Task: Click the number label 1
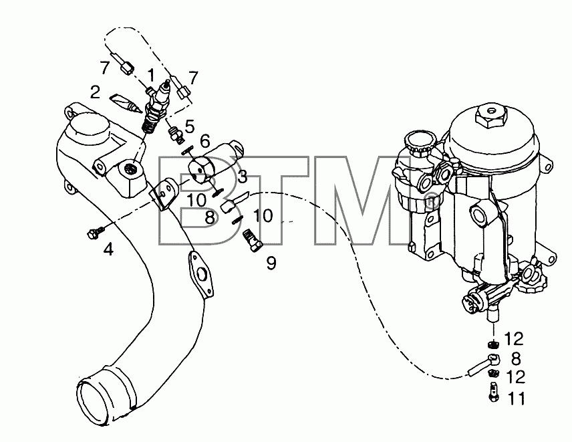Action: (150, 76)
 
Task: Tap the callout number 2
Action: (96, 92)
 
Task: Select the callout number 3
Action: (243, 177)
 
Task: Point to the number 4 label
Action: (108, 249)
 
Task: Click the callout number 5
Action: (190, 126)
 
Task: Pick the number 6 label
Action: (205, 140)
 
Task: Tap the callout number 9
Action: (271, 263)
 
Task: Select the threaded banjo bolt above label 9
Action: (253, 240)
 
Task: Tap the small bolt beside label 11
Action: (493, 392)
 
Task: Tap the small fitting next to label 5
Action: (175, 133)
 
